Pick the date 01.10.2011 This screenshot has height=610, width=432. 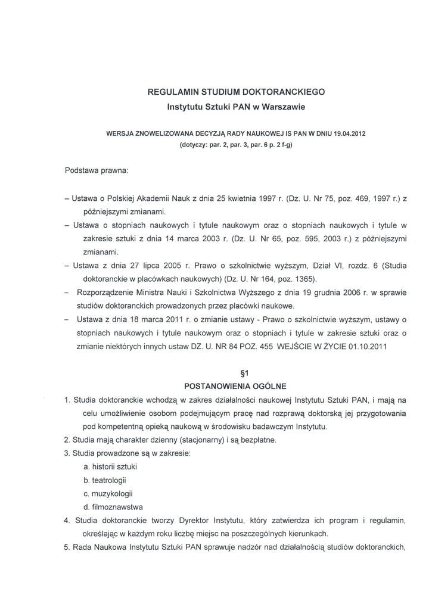click(365, 348)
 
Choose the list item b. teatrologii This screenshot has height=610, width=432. click(105, 480)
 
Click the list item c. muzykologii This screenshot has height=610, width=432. click(108, 494)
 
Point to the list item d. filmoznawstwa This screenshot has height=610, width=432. click(113, 508)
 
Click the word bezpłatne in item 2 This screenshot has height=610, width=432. click(257, 440)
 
